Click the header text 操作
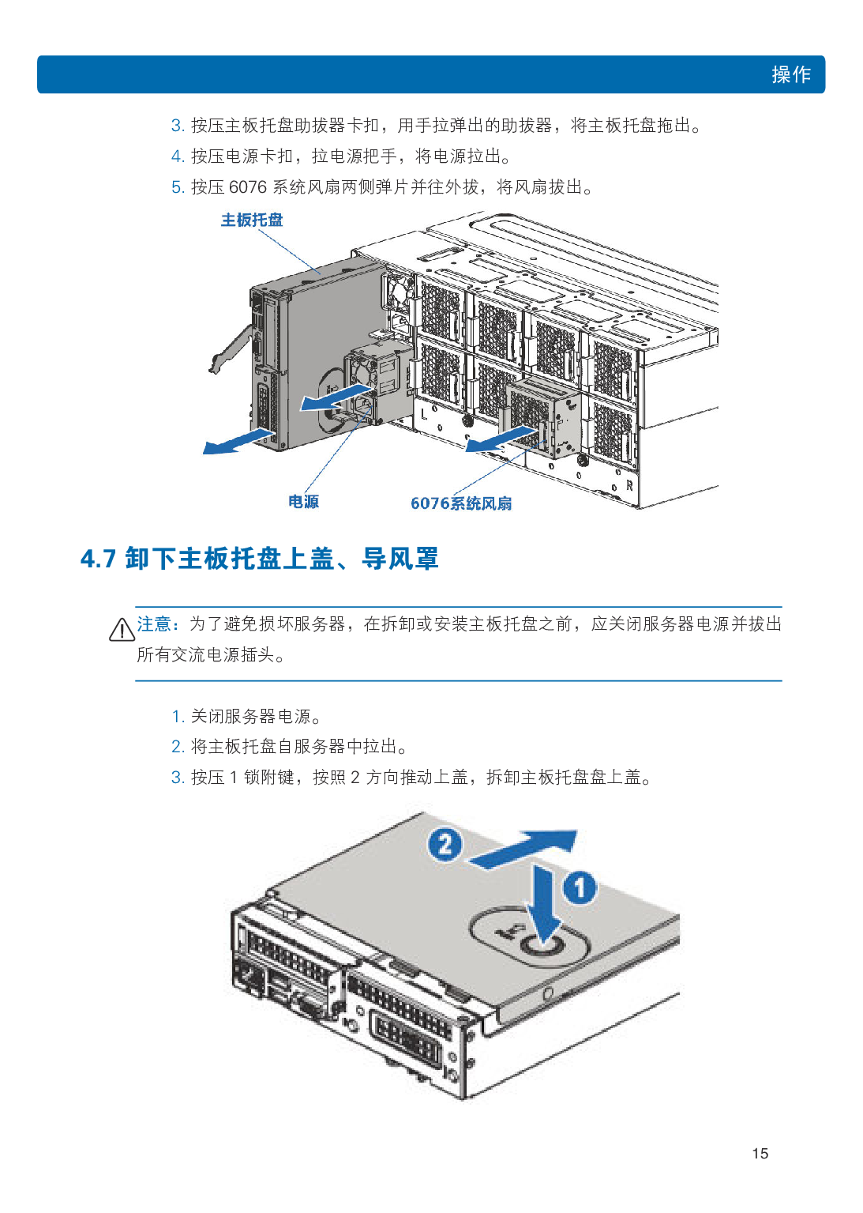pos(791,74)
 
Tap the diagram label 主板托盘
pos(252,220)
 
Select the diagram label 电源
pos(303,502)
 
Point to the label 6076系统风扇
pos(461,503)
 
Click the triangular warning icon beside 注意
pos(122,630)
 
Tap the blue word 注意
pos(154,624)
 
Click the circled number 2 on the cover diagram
pos(445,844)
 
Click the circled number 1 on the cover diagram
pos(580,888)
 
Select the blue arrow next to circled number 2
pos(523,849)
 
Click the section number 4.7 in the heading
pos(98,559)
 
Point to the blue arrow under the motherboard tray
pos(238,440)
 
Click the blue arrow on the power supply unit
pos(336,398)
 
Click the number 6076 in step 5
pos(248,187)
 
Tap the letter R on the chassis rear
pos(629,485)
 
